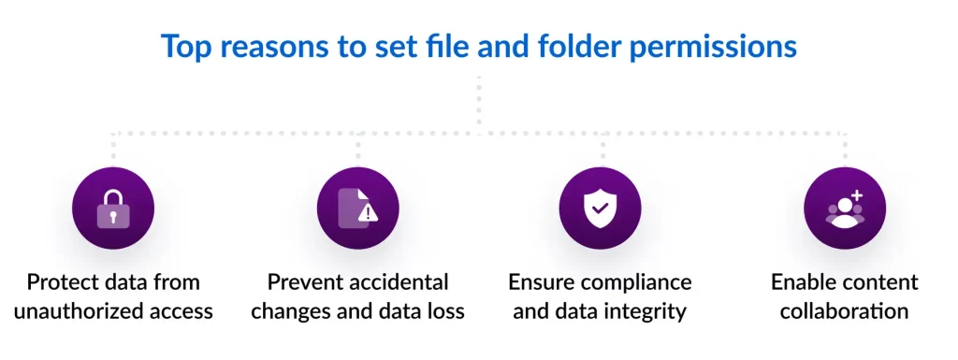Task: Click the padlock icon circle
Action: click(x=113, y=209)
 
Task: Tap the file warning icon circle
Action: click(x=357, y=209)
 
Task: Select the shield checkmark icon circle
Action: click(x=600, y=209)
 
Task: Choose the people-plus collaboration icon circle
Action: click(x=844, y=209)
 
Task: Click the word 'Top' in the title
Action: click(x=184, y=46)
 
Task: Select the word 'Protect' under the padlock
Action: click(x=65, y=282)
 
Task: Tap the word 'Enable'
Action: click(x=804, y=282)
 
